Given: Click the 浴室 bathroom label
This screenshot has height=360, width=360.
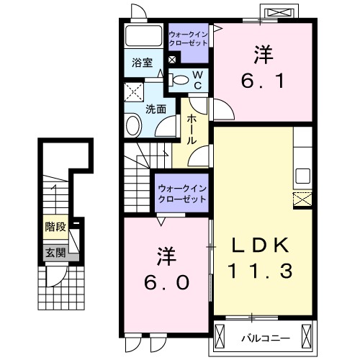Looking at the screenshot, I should (x=142, y=63).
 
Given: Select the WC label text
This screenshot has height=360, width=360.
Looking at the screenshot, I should (x=197, y=79).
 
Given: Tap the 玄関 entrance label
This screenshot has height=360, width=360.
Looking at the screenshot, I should (x=55, y=252).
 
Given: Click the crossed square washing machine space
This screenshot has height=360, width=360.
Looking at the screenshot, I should (x=133, y=92).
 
